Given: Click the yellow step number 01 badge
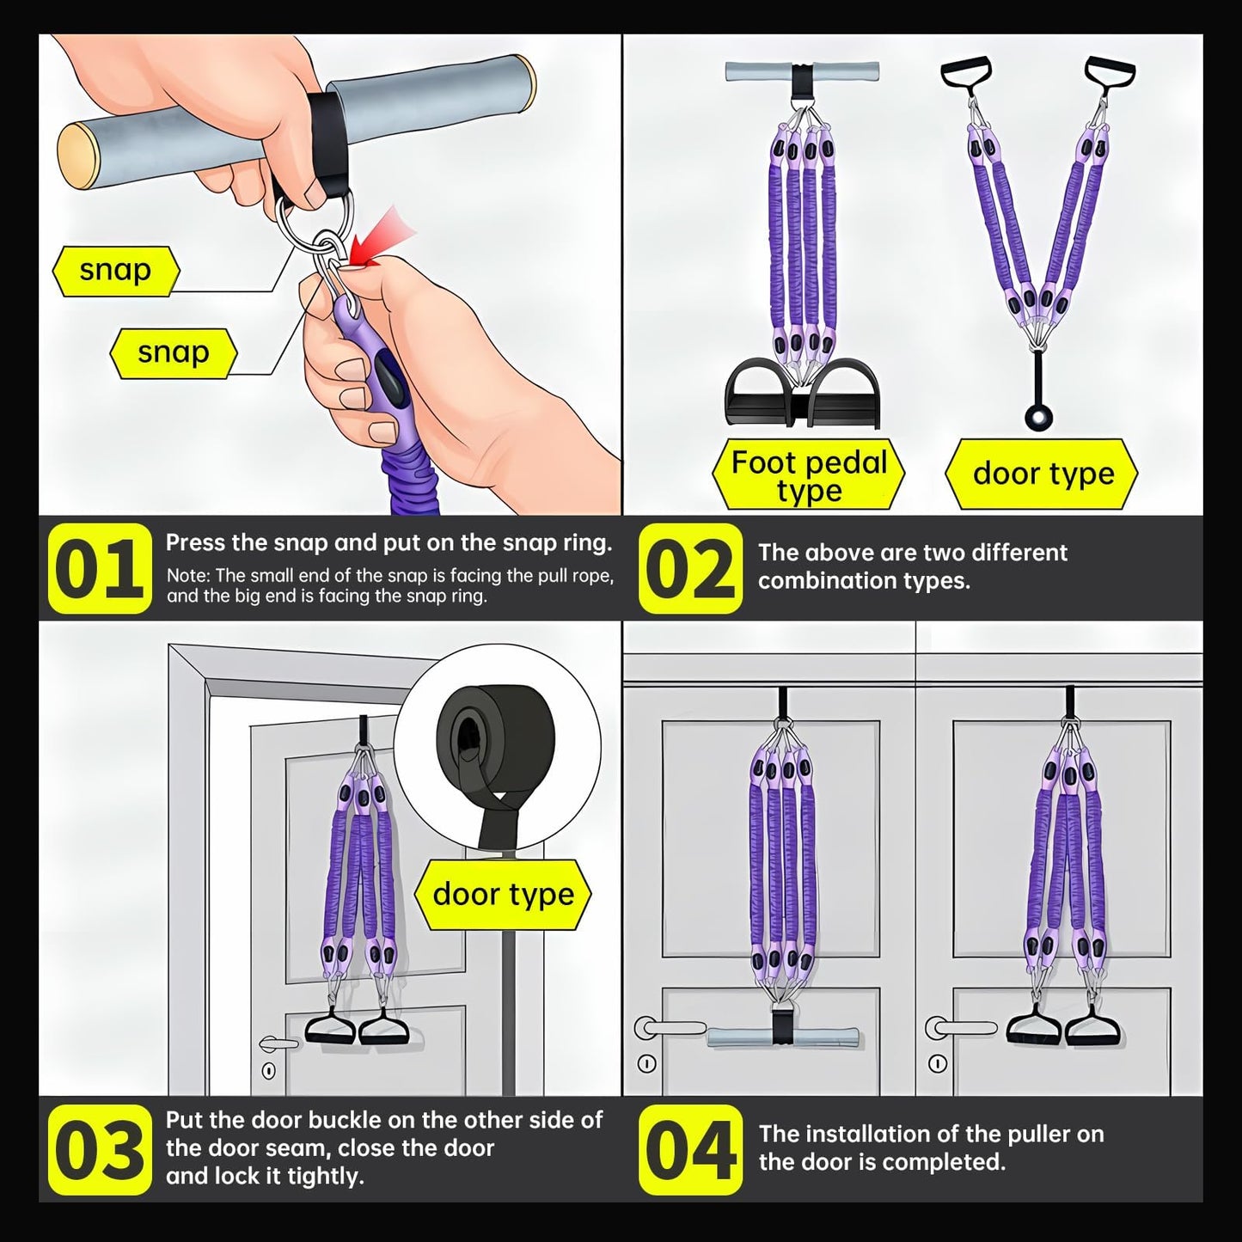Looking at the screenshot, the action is [x=99, y=568].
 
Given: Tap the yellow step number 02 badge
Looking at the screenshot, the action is [x=690, y=568].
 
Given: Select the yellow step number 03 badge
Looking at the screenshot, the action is [x=99, y=1149].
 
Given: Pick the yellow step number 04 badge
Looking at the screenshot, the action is [x=690, y=1149].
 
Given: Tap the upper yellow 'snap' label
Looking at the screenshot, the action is [x=116, y=272].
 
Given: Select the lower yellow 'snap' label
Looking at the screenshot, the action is [x=174, y=353].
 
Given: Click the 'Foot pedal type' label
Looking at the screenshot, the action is [x=809, y=474].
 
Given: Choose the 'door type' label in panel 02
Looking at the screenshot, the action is [x=1042, y=474].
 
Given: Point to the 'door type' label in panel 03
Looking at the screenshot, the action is [x=503, y=895].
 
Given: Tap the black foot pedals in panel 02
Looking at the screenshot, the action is [x=803, y=394].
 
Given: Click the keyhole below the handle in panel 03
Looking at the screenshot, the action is [x=269, y=1071].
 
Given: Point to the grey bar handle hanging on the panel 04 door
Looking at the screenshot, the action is [x=782, y=1037].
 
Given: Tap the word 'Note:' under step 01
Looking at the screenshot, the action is [x=189, y=575].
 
